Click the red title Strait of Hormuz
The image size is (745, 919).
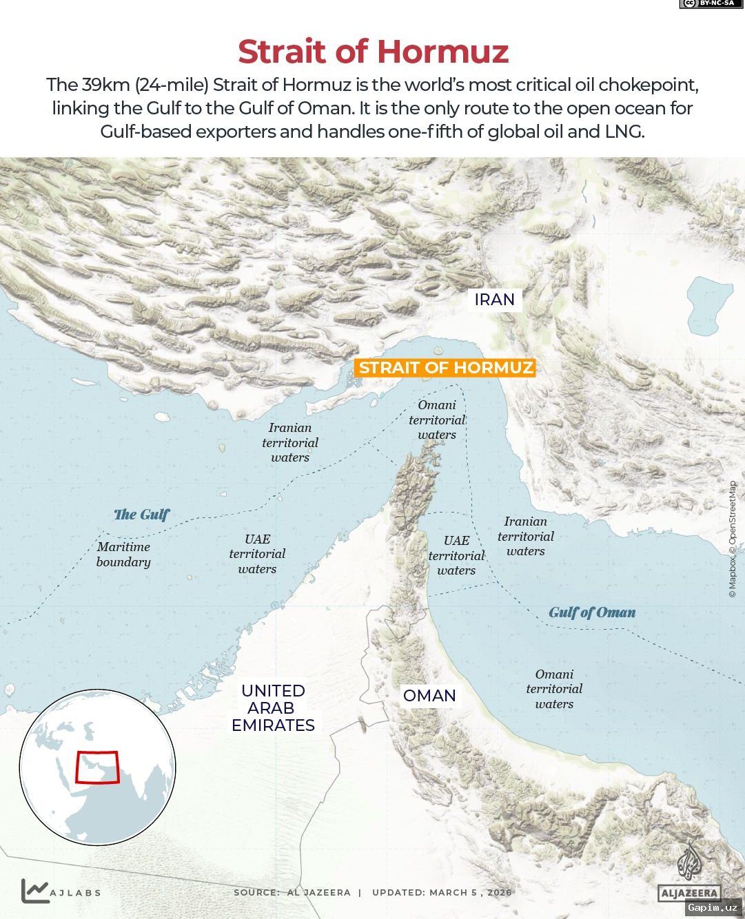coord(373,52)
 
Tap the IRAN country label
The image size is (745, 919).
coord(494,300)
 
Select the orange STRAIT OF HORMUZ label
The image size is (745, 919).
coord(446,368)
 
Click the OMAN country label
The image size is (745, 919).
coord(429,696)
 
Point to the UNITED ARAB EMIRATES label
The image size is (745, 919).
coord(273,708)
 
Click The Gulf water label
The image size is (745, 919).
coord(141,515)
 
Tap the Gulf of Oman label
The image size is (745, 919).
coord(592,612)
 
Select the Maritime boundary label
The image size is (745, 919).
coord(123,555)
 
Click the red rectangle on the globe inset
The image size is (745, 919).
coord(97,767)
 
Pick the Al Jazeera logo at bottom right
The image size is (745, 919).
coord(688,875)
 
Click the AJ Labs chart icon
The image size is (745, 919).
coord(34,891)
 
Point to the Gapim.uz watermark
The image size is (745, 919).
coord(713,907)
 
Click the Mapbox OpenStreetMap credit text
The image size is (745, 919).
coord(732,539)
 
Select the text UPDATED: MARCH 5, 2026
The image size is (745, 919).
coord(442,892)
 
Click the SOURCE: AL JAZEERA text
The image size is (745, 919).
coord(292,892)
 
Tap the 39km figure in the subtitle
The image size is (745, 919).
coord(105,85)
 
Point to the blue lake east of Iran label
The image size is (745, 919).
coord(709,304)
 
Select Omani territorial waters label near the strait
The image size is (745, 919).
coord(437,420)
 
